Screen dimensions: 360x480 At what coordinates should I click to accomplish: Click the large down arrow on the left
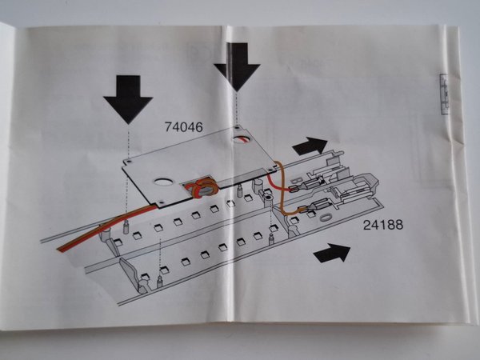tap(127, 98)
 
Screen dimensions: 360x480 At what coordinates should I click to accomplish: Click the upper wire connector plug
tap(294, 189)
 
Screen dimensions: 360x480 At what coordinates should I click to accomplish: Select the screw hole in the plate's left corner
tap(127, 161)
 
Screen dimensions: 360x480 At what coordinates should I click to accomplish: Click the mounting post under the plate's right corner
tap(262, 185)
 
